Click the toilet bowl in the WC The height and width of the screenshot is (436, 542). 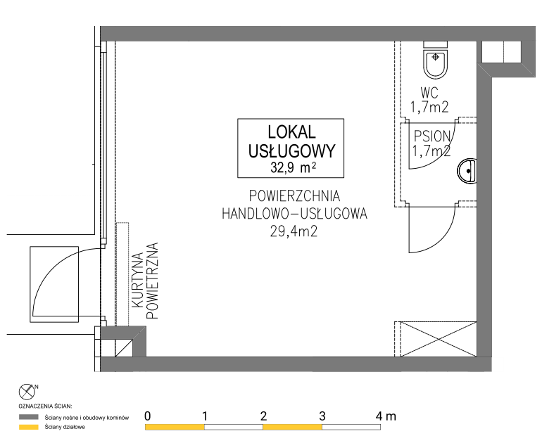pos(435,64)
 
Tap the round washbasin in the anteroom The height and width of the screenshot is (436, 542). pos(467,171)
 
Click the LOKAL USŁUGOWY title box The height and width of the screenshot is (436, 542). pos(291,148)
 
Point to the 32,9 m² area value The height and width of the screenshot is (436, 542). pos(293,168)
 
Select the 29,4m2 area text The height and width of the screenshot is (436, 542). pos(294,231)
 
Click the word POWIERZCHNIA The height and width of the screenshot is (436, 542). pos(294,195)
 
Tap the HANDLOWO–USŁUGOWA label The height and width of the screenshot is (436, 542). pos(294,214)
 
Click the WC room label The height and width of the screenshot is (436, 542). pos(429,93)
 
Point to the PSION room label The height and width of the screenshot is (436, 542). pos(432,136)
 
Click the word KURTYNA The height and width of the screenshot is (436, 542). pos(138,280)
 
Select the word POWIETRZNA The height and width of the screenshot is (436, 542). pos(153,281)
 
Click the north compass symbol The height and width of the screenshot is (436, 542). pos(27,392)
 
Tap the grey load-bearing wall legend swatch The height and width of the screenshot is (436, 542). pos(29,417)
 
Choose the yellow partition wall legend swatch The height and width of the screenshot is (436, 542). pos(29,427)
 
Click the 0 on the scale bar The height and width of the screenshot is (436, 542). pos(148,416)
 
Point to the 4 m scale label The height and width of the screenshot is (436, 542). pos(386,416)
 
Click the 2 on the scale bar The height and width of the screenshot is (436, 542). pos(263,416)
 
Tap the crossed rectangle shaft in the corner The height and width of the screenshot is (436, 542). pos(439,339)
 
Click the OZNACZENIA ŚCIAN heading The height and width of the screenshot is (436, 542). pos(45,406)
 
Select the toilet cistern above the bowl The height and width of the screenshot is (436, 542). pos(436,44)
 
